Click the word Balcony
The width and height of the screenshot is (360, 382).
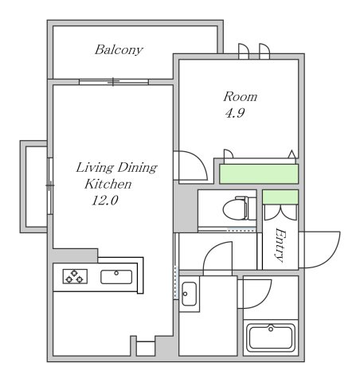pos(119,50)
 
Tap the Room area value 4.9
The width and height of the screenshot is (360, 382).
pos(235,113)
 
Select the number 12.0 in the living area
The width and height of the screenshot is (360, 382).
pos(105,201)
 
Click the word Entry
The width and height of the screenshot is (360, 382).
pos(280,245)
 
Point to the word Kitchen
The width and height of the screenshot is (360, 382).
pos(108,184)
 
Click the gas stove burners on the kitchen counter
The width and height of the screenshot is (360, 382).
pos(75,276)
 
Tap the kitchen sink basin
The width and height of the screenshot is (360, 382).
pos(116,277)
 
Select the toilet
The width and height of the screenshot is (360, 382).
pos(235,208)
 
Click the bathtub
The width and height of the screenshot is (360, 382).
pos(271,337)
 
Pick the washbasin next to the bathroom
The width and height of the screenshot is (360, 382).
pos(189,294)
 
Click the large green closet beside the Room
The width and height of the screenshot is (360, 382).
pos(259,173)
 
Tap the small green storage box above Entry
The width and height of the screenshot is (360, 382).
pos(280,197)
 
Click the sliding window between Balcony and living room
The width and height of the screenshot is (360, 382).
pos(114,82)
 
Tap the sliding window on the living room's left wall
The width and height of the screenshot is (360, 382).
pos(50,185)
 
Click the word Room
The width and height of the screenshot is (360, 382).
pos(241,97)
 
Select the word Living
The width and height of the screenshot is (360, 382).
pos(95,168)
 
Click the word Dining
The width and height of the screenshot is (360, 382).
pos(137,168)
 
